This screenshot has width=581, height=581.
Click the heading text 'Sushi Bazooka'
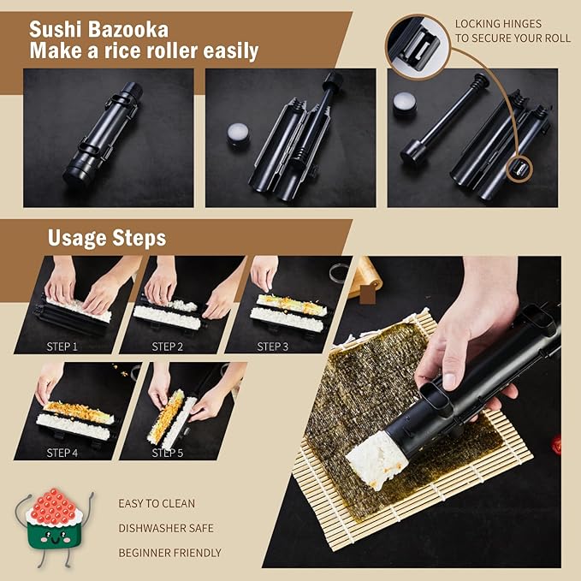[99, 29]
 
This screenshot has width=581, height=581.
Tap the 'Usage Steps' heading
[107, 237]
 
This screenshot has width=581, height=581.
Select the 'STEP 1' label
[62, 347]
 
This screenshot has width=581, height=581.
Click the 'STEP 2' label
[169, 347]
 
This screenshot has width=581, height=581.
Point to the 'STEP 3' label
[274, 347]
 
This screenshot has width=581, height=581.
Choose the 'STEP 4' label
[62, 452]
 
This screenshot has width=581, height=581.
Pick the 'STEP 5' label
[169, 452]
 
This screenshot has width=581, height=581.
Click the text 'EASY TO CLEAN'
[157, 503]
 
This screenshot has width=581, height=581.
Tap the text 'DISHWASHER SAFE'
[166, 528]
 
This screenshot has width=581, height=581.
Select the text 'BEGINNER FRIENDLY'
[169, 553]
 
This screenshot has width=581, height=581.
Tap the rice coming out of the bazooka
[373, 458]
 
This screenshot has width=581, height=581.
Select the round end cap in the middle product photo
[238, 135]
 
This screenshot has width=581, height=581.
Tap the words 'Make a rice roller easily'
[144, 51]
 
